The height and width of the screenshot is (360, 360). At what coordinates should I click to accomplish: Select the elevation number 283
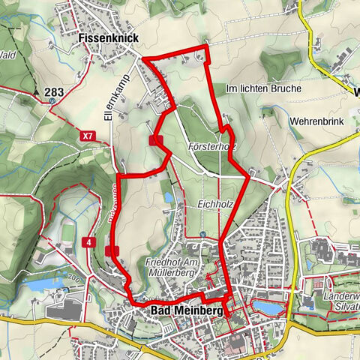[53, 92]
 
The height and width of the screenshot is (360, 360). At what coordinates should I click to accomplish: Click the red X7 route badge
[89, 136]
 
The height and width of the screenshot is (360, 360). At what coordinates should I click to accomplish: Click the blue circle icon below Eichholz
[203, 234]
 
